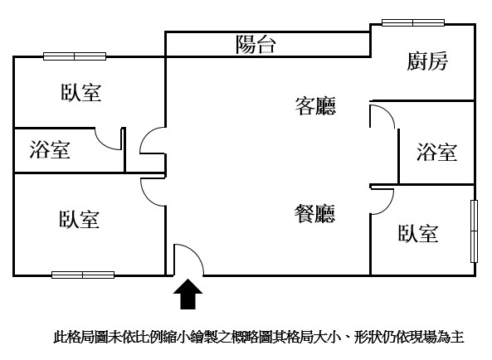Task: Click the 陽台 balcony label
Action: click(256, 44)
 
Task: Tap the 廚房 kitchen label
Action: click(427, 61)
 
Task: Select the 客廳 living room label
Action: click(315, 106)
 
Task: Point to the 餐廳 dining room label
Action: click(314, 213)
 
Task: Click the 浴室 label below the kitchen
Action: click(436, 152)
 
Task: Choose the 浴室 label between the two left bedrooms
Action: click(50, 149)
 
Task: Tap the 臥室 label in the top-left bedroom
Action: click(81, 92)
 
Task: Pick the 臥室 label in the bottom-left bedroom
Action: click(80, 219)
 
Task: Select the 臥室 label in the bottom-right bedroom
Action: click(418, 233)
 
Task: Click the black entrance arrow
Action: click(188, 294)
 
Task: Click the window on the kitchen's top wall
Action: click(413, 22)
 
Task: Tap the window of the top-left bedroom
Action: click(75, 56)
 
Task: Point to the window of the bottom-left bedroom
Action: click(83, 275)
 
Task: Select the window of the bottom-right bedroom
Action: click(474, 231)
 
